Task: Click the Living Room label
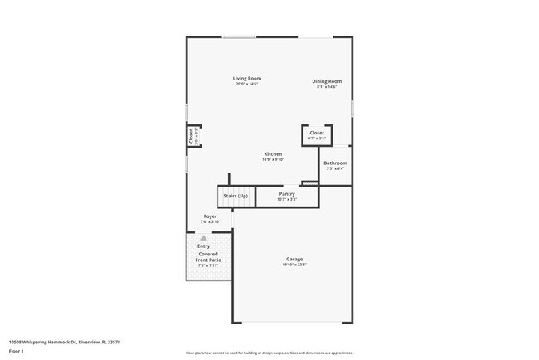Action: (246, 79)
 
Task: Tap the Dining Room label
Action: (327, 81)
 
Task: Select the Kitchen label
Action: (273, 154)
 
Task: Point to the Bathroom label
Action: (335, 163)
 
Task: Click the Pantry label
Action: (286, 194)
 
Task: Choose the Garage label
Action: (294, 259)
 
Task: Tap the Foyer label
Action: (210, 216)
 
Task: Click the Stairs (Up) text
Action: (236, 196)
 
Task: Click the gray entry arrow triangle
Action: (203, 238)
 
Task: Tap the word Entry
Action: (203, 246)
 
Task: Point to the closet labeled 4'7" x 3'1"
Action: (317, 135)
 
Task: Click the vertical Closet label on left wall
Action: (190, 136)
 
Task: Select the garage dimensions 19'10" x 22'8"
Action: (294, 265)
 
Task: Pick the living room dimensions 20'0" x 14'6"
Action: (246, 84)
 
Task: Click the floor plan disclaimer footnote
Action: (269, 352)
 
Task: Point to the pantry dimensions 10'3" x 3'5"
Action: (286, 199)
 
